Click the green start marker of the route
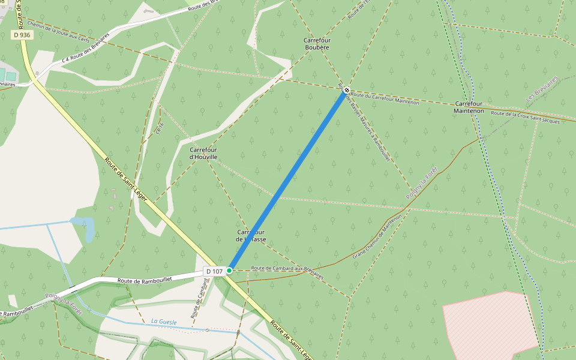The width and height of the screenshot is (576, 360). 229,271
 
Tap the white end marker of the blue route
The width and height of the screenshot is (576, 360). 346,91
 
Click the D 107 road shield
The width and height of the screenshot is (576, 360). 214,271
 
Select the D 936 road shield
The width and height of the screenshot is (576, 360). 22,35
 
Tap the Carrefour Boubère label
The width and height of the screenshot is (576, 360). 317,43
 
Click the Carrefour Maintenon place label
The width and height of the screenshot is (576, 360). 469,107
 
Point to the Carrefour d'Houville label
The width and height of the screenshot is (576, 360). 203,153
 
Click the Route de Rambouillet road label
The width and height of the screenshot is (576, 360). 145,280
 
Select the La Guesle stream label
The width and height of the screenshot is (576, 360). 164,322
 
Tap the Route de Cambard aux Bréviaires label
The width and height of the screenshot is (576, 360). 287,272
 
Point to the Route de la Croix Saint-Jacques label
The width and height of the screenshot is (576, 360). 525,117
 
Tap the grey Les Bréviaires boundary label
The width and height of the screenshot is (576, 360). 542,88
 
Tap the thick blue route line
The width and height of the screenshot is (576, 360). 288,180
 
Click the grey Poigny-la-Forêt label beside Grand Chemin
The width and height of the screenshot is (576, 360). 422,183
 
